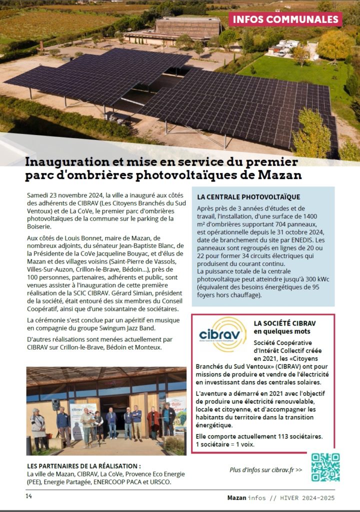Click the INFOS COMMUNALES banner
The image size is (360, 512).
click(x=285, y=19)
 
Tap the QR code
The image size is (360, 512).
click(x=325, y=467)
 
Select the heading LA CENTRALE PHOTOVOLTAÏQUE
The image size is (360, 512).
click(x=248, y=197)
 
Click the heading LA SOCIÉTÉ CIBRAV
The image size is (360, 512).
click(x=284, y=323)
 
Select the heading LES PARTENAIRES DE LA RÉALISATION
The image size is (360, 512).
click(x=80, y=465)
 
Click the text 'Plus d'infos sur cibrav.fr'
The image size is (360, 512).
click(x=265, y=470)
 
